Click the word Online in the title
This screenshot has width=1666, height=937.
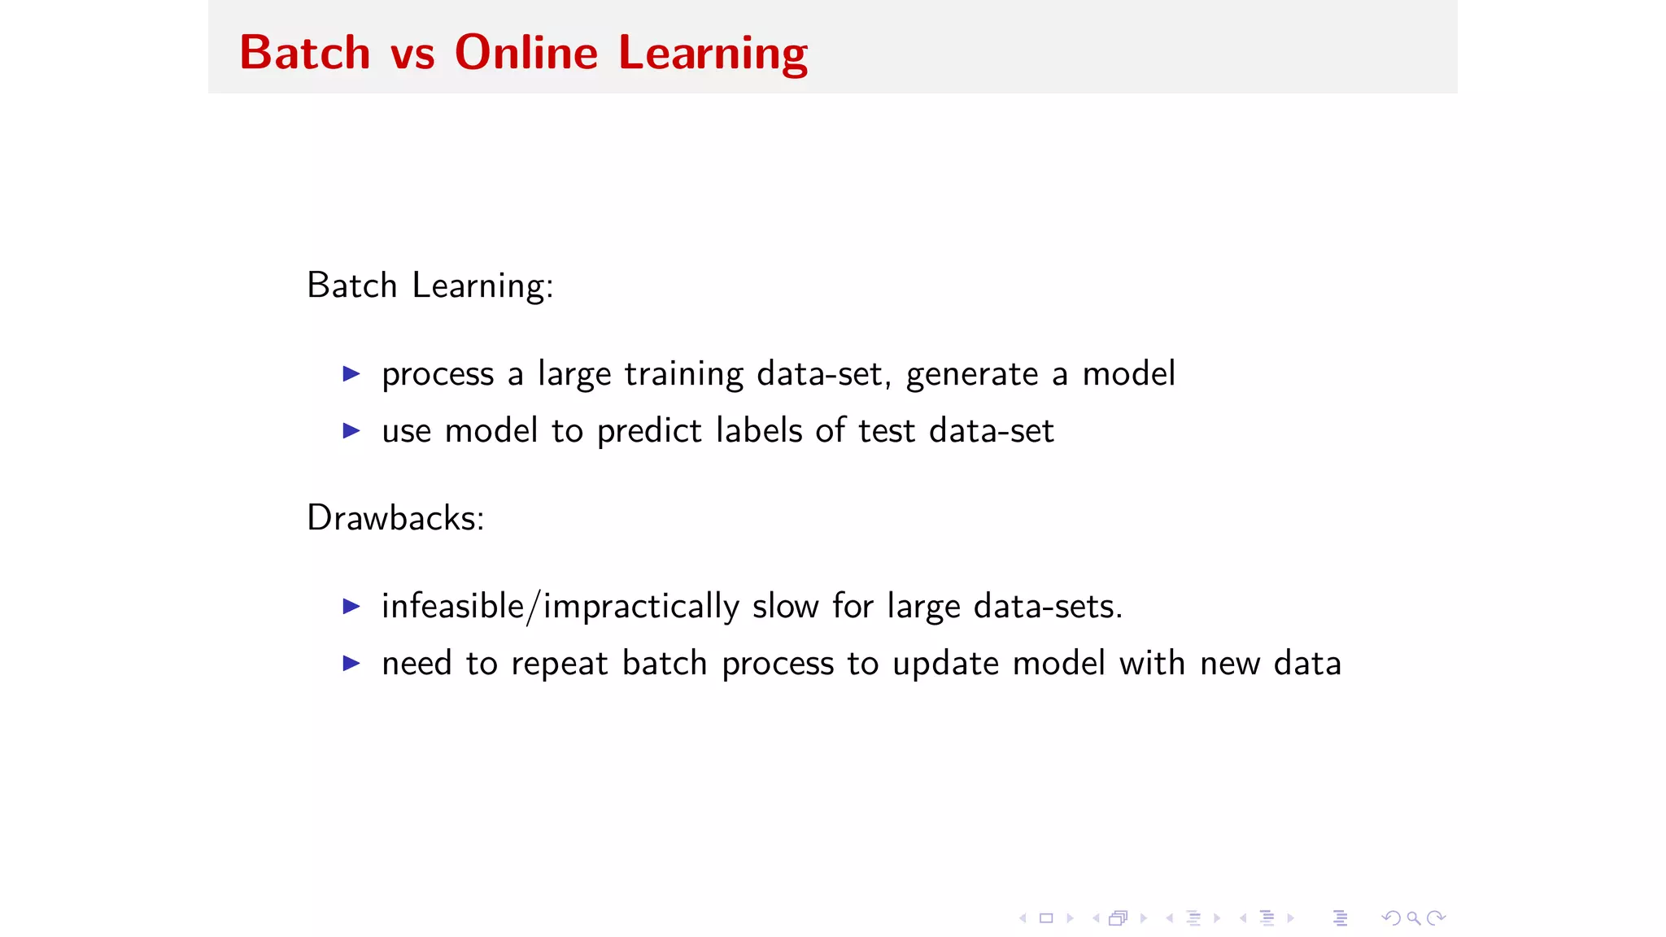pyautogui.click(x=526, y=53)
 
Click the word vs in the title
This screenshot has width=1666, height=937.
pyautogui.click(x=412, y=54)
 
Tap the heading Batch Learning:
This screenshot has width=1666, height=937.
pyautogui.click(x=430, y=285)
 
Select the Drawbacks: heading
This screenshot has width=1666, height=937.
pyautogui.click(x=395, y=518)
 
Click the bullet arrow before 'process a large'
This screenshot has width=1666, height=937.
pyautogui.click(x=351, y=374)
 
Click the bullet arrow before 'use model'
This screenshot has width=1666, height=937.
pyautogui.click(x=351, y=430)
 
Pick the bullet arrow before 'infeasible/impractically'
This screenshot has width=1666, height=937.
pyautogui.click(x=351, y=606)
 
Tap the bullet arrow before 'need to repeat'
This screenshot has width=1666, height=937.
pyautogui.click(x=351, y=663)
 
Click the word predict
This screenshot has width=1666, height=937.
pyautogui.click(x=648, y=431)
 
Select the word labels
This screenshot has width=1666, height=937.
pyautogui.click(x=759, y=430)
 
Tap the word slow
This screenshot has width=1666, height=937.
pyautogui.click(x=785, y=607)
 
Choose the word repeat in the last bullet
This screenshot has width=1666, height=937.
pyautogui.click(x=559, y=664)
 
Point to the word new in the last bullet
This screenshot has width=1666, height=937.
pyautogui.click(x=1229, y=664)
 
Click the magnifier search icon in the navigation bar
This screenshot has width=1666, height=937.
pyautogui.click(x=1414, y=918)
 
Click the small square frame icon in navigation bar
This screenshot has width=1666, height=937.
pyautogui.click(x=1046, y=918)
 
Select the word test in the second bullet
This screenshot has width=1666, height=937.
pyautogui.click(x=886, y=431)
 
